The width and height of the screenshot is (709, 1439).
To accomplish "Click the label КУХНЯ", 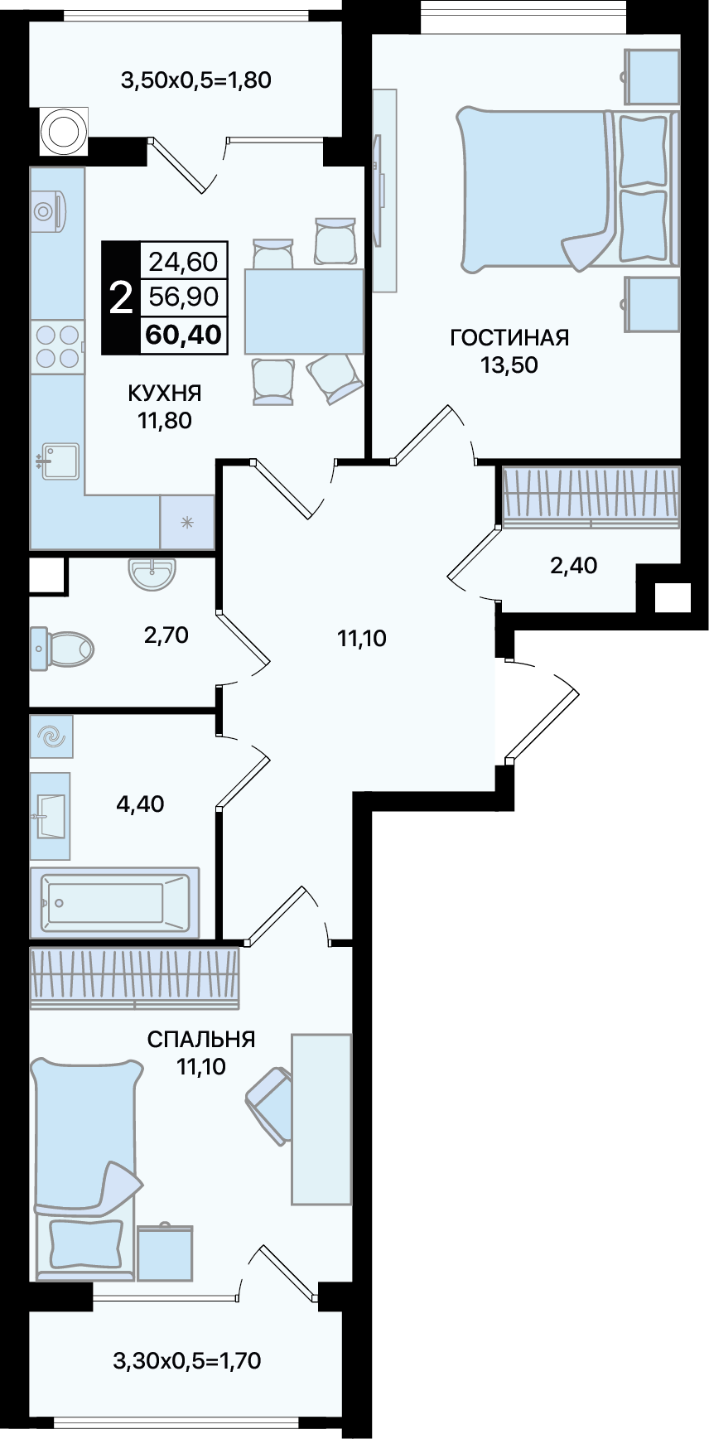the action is (x=165, y=393).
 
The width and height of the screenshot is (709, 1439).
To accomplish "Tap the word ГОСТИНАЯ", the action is (x=509, y=337).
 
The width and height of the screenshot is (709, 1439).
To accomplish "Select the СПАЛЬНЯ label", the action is (x=201, y=1039).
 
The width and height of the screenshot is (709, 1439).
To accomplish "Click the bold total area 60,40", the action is (x=183, y=335).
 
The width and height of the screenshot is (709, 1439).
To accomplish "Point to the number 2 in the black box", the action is (x=121, y=297).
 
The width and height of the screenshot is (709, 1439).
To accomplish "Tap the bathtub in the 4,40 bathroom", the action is (x=115, y=902).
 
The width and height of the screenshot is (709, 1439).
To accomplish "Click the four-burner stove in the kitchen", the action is (x=58, y=346).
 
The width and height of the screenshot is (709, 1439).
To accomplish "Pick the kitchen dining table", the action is (x=304, y=311).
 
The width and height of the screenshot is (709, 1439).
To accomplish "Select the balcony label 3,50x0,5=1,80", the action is (x=196, y=80).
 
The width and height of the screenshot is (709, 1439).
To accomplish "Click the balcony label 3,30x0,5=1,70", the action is (x=187, y=1360).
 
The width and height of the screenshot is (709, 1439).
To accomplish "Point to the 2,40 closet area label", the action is (x=574, y=565).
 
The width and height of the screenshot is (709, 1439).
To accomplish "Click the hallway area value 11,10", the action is (x=362, y=638).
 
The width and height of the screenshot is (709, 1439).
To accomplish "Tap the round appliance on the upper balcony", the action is (x=62, y=131).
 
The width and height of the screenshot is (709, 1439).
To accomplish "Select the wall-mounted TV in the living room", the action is (x=382, y=190).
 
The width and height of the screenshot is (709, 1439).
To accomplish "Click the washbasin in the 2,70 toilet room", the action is (x=152, y=573).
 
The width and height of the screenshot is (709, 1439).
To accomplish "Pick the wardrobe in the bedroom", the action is (x=135, y=978).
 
